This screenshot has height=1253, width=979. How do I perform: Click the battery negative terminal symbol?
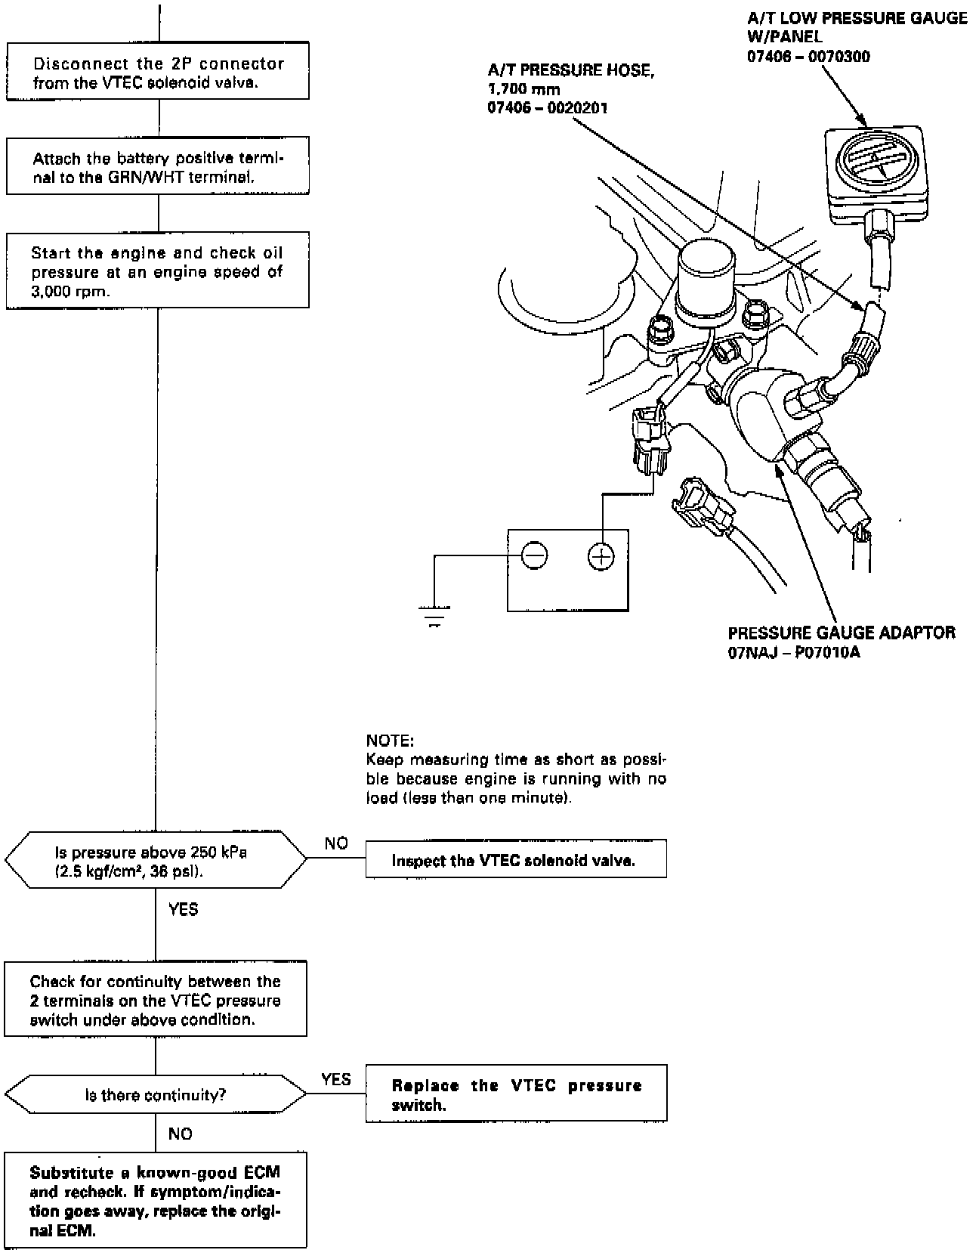click(534, 556)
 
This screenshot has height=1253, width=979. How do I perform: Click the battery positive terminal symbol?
click(601, 557)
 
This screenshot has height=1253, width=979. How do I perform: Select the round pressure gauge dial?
click(874, 162)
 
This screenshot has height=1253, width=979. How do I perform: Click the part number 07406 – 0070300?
click(808, 57)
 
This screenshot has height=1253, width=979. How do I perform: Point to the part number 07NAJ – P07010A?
click(794, 652)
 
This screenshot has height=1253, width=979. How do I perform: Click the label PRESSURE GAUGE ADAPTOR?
click(842, 633)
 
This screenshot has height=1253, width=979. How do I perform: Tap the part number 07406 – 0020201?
click(548, 109)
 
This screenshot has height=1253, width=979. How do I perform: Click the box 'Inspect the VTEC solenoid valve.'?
click(515, 859)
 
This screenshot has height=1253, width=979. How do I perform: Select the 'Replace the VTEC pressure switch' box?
click(515, 1094)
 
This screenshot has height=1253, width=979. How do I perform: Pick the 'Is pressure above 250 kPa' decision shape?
click(156, 861)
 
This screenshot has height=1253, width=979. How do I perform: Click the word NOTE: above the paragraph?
click(390, 740)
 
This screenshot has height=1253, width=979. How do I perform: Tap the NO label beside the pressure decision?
click(336, 843)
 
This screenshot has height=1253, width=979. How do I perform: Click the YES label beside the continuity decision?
click(335, 1079)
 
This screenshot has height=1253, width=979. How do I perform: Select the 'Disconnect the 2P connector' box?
click(158, 73)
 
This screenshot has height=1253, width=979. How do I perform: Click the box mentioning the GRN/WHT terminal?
click(158, 167)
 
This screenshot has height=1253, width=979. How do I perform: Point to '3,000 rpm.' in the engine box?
click(69, 292)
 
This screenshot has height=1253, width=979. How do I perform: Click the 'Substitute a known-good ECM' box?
click(156, 1199)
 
